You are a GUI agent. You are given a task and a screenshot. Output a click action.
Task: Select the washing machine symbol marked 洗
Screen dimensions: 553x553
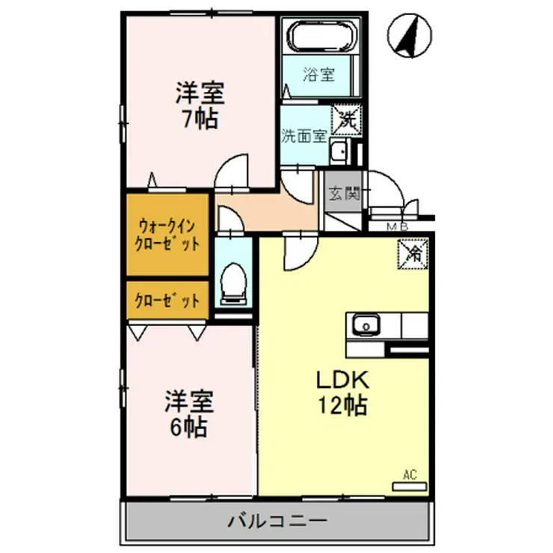pyautogui.click(x=348, y=117)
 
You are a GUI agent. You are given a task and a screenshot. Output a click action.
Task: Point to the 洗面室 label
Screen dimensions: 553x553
pyautogui.click(x=303, y=136)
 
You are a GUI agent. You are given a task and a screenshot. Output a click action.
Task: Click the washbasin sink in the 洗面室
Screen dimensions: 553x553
pyautogui.click(x=339, y=152)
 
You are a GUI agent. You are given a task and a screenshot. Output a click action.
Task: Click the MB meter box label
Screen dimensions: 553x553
pyautogui.click(x=396, y=226)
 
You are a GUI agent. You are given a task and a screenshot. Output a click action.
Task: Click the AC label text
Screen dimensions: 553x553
pyautogui.click(x=409, y=473)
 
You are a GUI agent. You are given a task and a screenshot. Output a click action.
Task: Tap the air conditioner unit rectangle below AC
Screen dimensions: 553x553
pyautogui.click(x=409, y=486)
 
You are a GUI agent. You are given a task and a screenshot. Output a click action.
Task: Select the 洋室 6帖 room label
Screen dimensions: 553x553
pyautogui.click(x=190, y=414)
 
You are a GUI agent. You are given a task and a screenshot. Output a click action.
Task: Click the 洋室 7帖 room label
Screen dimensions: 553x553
pyautogui.click(x=200, y=106)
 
